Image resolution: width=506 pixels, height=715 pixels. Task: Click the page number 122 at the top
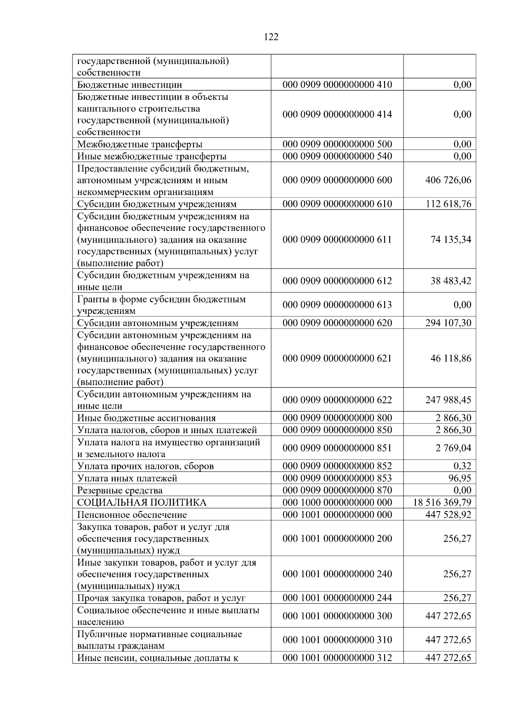click(271, 37)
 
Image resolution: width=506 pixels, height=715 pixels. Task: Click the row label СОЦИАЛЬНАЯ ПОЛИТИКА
click(142, 503)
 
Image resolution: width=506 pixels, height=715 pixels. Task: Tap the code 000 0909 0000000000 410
click(337, 85)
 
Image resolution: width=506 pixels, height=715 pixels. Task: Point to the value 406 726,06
click(448, 180)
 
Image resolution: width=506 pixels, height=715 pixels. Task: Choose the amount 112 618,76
click(448, 204)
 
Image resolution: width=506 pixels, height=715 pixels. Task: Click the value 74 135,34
click(451, 240)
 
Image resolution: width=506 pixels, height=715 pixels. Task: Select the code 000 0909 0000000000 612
click(337, 281)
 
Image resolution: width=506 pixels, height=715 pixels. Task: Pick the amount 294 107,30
click(448, 323)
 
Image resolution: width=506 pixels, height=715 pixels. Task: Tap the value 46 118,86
click(451, 359)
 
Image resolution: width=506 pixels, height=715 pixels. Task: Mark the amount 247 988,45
click(448, 400)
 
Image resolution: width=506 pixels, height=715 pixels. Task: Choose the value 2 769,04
click(453, 448)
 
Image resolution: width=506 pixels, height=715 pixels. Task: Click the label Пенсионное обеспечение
click(132, 515)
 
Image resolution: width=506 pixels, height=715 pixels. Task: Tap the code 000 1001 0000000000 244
click(337, 598)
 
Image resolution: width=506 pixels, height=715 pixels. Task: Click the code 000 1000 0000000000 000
click(337, 503)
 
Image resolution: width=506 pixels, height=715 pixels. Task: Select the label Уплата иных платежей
click(127, 478)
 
